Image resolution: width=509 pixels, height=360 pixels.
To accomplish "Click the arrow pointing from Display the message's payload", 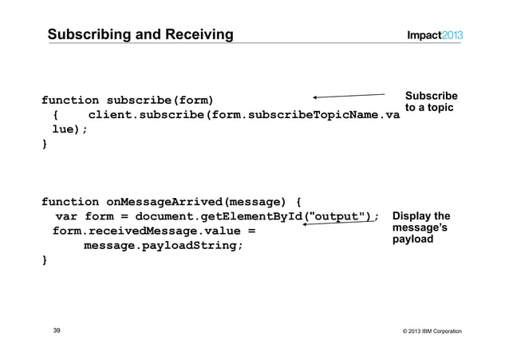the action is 339,224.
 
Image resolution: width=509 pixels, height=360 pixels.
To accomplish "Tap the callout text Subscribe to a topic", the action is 431,101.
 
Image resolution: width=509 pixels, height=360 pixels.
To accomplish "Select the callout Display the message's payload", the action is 421,227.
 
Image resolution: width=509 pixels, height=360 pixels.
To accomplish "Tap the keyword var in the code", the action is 66,216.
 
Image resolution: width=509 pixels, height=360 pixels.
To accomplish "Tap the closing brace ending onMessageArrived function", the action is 45,259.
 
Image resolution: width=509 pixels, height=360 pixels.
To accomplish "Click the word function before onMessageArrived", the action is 70,202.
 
